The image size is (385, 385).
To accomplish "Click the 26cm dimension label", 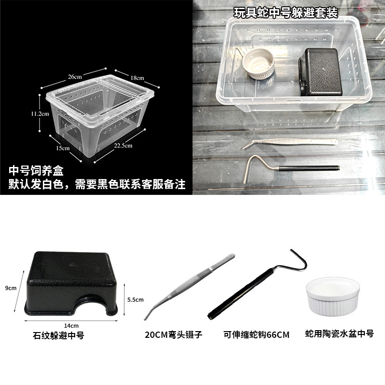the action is point(75,77).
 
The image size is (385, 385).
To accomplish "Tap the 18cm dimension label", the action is point(137,78).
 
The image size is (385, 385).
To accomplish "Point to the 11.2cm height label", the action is point(40,114).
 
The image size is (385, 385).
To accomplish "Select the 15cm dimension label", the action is point(63,148).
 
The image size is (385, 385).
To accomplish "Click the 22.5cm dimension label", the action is point(123,146).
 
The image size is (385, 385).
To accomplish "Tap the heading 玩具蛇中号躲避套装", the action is point(286,13).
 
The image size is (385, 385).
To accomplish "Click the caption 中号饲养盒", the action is point(36,171).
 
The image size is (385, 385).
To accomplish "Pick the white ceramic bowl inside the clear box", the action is point(258,64).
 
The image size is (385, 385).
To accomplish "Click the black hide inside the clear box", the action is point(321,72).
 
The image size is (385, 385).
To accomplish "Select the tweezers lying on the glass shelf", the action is point(290,143).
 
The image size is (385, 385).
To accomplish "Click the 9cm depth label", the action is point(11,288).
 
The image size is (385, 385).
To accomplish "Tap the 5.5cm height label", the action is point(135,299).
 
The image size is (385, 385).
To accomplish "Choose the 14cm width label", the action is point(71,326).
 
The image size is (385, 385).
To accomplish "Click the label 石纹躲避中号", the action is point(58,335).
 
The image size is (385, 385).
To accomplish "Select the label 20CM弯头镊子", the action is point(173,334).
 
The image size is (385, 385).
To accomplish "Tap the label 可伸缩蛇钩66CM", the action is point(257,334).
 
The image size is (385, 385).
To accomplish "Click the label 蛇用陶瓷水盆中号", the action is point(339,334).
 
